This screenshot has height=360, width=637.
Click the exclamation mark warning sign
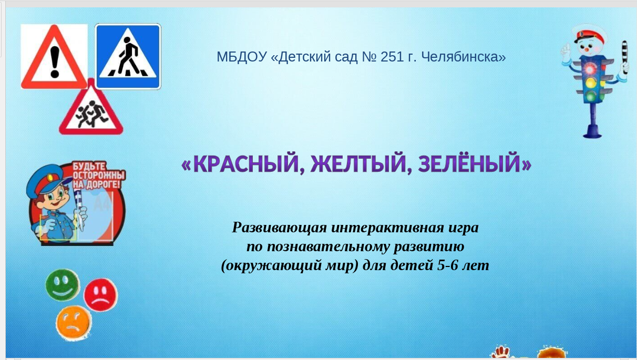[54, 57]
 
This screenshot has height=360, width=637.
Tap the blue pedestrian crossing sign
[128, 57]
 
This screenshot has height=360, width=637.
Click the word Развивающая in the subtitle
[279, 228]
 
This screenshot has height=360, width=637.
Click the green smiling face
[63, 285]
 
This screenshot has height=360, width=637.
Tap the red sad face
[101, 295]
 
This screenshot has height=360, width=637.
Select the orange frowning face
[74, 323]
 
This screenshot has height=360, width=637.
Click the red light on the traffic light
[590, 69]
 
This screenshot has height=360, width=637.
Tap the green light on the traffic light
[591, 96]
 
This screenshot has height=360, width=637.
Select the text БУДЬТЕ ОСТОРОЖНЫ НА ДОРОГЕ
[99, 176]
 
